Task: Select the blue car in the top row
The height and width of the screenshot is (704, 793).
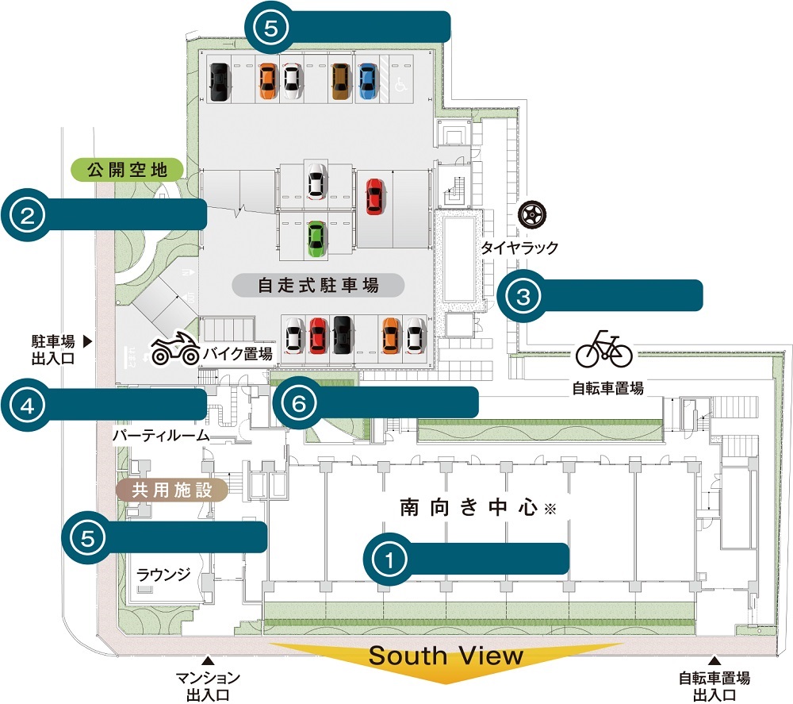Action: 366,81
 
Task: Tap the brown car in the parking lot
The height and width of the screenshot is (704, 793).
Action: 341,81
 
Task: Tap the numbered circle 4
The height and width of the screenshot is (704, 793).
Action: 27,406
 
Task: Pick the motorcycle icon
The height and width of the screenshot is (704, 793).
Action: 174,349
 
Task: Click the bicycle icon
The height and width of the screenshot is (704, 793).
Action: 604,349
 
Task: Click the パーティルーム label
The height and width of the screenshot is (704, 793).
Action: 160,435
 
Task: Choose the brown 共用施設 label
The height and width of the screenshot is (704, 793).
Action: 172,490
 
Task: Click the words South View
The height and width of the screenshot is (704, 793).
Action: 446,656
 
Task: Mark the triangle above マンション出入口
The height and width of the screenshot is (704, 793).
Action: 208,659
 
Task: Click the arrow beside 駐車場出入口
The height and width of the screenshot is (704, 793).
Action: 88,342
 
